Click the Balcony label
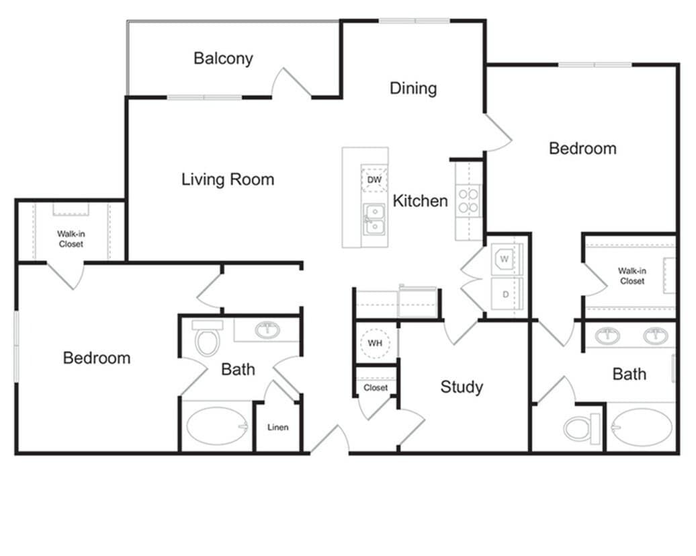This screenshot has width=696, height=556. [x=223, y=58]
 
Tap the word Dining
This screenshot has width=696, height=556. [x=413, y=88]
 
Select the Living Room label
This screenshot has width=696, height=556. [x=228, y=180]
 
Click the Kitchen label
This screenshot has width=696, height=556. [x=420, y=200]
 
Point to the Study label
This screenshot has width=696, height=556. [x=462, y=387]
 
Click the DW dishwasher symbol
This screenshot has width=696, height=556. [x=374, y=180]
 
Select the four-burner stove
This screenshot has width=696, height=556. [x=468, y=200]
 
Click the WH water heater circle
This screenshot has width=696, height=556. [x=375, y=343]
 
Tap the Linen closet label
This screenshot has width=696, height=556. [x=277, y=428]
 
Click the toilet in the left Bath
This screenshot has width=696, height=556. [x=207, y=339]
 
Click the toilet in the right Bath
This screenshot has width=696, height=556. [x=582, y=428]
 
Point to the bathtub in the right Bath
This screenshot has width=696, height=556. [x=642, y=428]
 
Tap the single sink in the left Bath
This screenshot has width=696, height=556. [x=269, y=329]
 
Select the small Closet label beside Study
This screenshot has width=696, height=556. [x=376, y=388]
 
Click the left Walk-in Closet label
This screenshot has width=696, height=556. [x=71, y=239]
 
